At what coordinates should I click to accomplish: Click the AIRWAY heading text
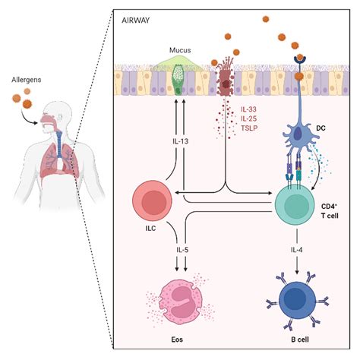(135, 21)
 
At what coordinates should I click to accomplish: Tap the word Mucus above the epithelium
(180, 50)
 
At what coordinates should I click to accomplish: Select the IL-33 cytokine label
(248, 109)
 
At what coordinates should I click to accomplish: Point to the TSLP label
(249, 128)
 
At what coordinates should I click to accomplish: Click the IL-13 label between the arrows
(181, 141)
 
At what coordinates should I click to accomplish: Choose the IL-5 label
(182, 250)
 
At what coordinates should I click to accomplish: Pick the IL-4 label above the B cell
(297, 250)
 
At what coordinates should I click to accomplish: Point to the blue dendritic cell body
(298, 134)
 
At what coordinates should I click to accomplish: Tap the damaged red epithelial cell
(225, 80)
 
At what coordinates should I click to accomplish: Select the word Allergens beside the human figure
(27, 80)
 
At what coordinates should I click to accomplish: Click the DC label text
(321, 128)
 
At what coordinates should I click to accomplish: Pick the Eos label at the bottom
(177, 339)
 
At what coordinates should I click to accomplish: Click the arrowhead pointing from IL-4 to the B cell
(297, 272)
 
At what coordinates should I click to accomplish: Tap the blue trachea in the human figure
(59, 145)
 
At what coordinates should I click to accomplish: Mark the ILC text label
(150, 229)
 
